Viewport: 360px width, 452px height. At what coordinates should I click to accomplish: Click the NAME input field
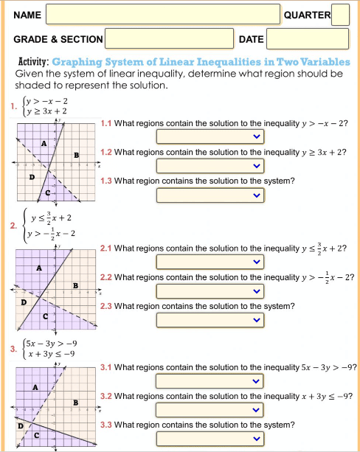click(x=163, y=14)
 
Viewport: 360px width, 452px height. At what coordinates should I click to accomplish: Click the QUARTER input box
click(x=340, y=14)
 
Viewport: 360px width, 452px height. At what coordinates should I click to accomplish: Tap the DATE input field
click(x=307, y=38)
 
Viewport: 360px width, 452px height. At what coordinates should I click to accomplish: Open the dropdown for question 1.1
click(x=210, y=136)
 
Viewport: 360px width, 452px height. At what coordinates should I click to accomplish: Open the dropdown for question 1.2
click(x=210, y=166)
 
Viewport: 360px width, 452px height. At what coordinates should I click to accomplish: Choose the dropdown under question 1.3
click(x=210, y=195)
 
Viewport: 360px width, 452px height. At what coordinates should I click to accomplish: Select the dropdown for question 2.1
click(x=210, y=262)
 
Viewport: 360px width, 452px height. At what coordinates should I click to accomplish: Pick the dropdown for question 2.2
click(x=210, y=291)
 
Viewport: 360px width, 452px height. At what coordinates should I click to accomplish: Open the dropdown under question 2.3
click(x=210, y=320)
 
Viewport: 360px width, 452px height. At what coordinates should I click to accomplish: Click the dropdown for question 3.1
click(x=210, y=381)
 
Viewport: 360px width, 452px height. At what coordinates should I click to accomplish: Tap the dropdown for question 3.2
click(x=210, y=410)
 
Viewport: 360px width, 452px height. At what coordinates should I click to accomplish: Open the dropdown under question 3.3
click(x=210, y=439)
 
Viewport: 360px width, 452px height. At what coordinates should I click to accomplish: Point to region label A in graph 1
click(x=44, y=143)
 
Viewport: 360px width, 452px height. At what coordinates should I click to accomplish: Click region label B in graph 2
click(x=75, y=285)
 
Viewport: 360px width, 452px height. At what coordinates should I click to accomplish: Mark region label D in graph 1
click(x=30, y=177)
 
